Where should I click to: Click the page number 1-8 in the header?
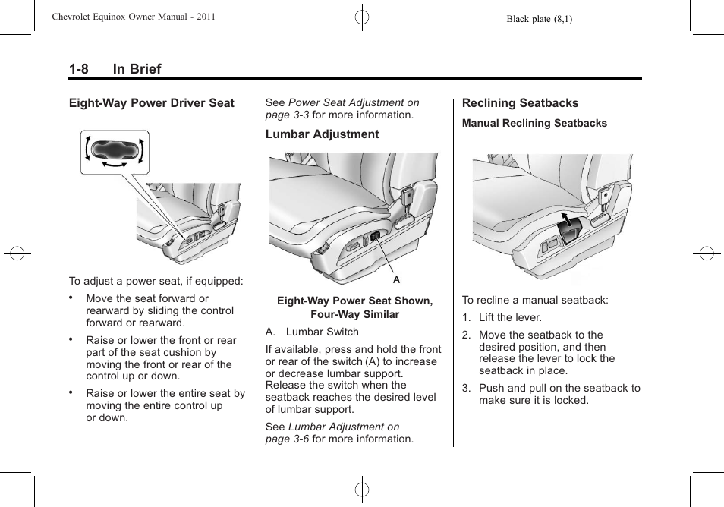click(78, 69)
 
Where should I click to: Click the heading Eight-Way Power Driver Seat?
click(152, 103)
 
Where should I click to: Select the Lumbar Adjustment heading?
click(322, 134)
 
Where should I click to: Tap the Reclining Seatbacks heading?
click(520, 103)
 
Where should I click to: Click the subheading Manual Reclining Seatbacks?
click(534, 123)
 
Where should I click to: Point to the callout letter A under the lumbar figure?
click(396, 279)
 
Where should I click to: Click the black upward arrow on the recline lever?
click(565, 221)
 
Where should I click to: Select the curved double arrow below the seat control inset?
click(115, 164)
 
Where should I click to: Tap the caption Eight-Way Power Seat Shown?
click(354, 301)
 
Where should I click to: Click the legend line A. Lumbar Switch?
click(312, 332)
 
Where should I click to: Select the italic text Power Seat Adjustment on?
click(354, 102)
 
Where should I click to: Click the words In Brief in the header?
click(137, 69)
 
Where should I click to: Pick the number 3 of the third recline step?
click(466, 388)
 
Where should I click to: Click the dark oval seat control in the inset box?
click(115, 150)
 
